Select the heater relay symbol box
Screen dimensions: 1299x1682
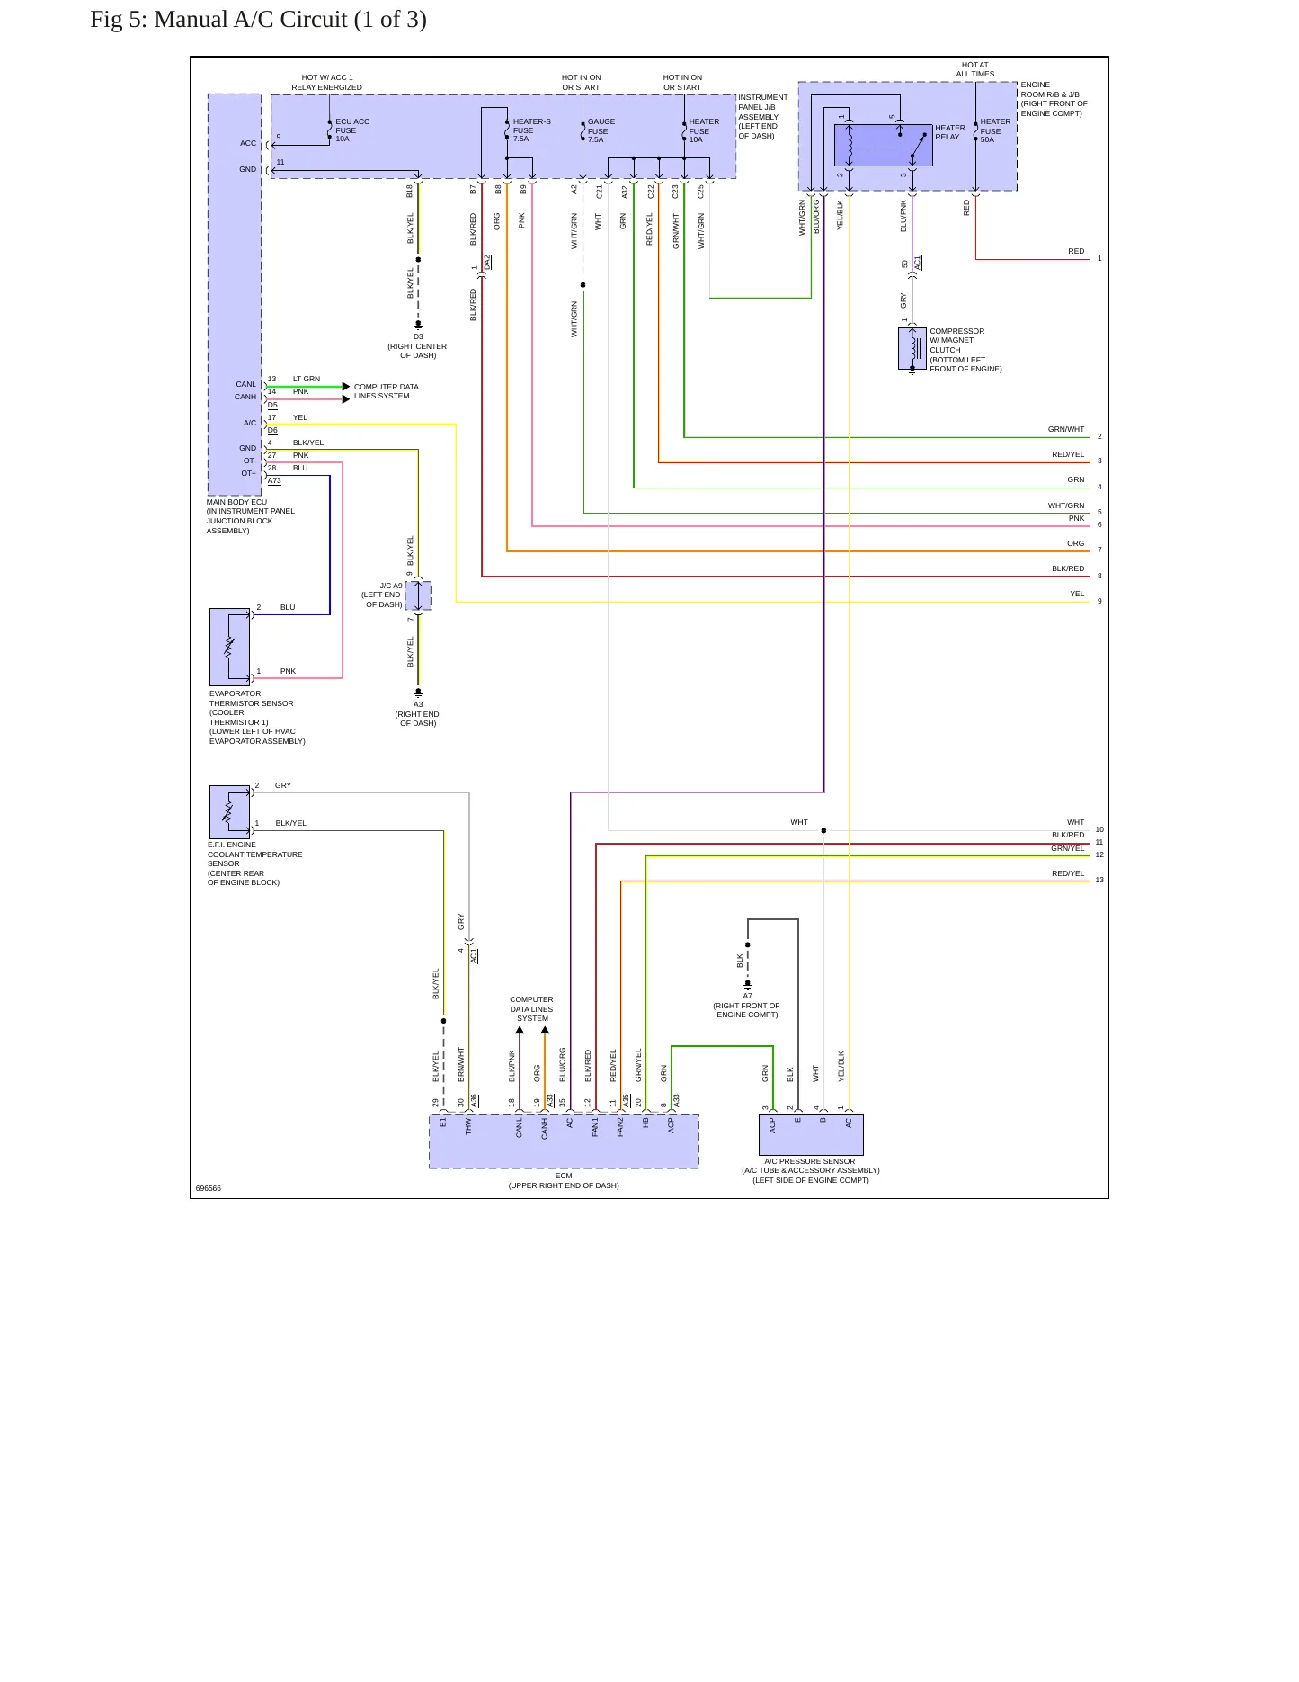(884, 145)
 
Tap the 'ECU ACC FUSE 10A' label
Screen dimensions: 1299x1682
(352, 130)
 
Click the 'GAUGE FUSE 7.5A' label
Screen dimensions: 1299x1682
(601, 130)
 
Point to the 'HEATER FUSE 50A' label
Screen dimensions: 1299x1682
(995, 130)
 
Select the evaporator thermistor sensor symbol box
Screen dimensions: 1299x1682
(229, 647)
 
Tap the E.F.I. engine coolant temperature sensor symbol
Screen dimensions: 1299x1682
(229, 811)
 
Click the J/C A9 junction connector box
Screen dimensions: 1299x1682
(418, 595)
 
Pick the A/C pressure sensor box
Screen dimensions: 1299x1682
(811, 1135)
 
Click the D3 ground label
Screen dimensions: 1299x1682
(418, 337)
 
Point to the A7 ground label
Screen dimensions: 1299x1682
(747, 996)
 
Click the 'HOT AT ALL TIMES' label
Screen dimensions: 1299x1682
(975, 69)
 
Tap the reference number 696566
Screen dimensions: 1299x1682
(209, 1188)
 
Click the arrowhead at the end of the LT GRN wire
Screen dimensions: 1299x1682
(346, 387)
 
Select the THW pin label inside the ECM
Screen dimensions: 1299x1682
(468, 1126)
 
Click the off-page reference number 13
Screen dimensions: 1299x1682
(1099, 880)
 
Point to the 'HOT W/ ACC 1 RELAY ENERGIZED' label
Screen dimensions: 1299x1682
(326, 83)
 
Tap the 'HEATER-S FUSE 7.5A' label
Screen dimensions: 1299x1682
(531, 130)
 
